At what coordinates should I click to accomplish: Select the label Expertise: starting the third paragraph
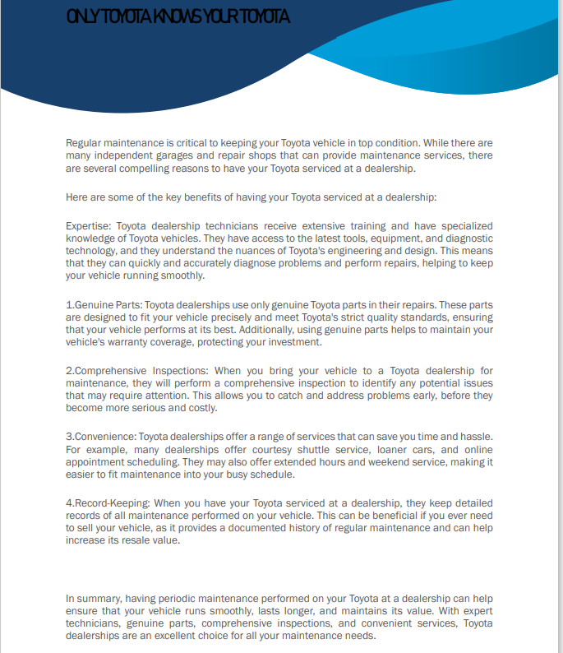click(x=89, y=225)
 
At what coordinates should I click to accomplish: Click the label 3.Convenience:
click(x=101, y=435)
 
